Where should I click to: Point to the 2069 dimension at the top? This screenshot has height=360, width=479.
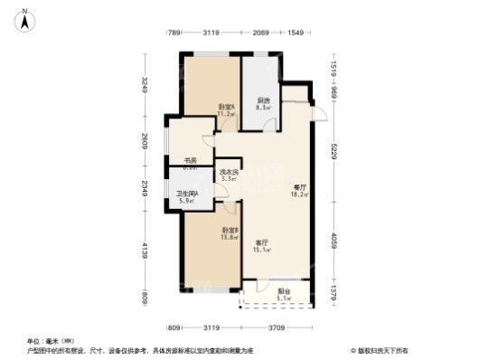pyautogui.click(x=261, y=33)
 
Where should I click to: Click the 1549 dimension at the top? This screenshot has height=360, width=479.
pyautogui.click(x=296, y=33)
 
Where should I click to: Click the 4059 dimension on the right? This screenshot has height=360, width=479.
pyautogui.click(x=333, y=242)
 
